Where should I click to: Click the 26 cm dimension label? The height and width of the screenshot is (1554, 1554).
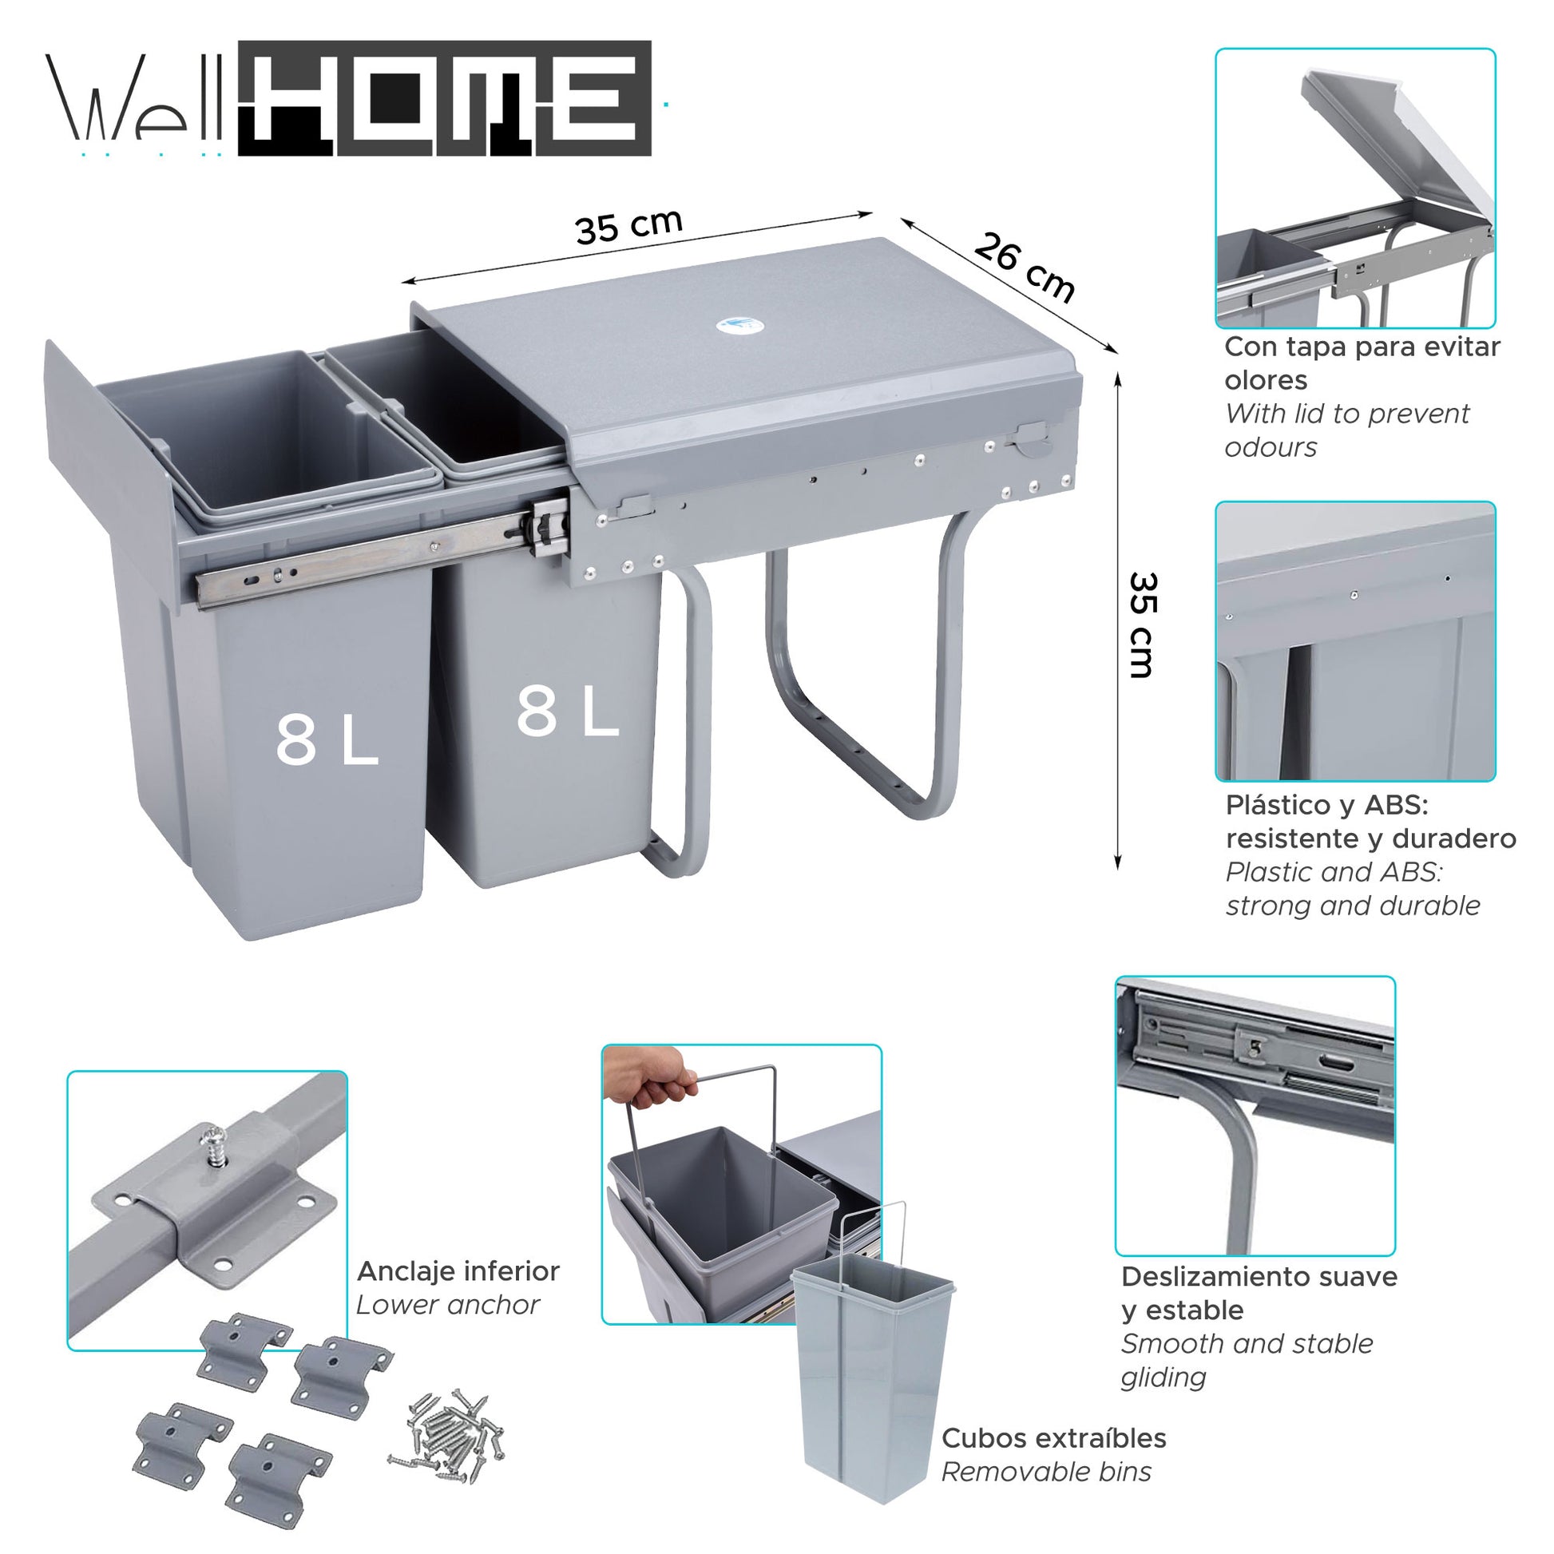pyautogui.click(x=1023, y=267)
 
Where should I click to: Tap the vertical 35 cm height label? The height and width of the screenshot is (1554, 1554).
pyautogui.click(x=1141, y=625)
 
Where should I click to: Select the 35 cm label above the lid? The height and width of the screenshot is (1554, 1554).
pyautogui.click(x=628, y=227)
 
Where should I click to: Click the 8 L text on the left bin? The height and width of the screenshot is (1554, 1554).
pyautogui.click(x=326, y=741)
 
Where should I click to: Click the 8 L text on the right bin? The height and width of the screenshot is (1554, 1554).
pyautogui.click(x=567, y=712)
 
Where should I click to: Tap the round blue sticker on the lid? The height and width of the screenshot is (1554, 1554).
pyautogui.click(x=738, y=325)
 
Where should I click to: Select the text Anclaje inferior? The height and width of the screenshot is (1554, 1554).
pyautogui.click(x=458, y=1271)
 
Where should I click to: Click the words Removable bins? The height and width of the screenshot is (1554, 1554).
pyautogui.click(x=1045, y=1472)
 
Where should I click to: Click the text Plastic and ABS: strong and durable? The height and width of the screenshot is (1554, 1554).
pyautogui.click(x=1351, y=889)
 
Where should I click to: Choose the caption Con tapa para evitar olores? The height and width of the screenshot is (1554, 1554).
pyautogui.click(x=1361, y=363)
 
